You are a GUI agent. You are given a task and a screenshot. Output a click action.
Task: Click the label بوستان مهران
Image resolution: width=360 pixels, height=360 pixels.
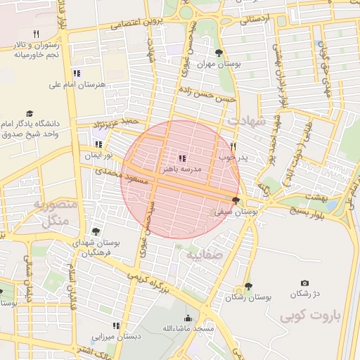[218, 63]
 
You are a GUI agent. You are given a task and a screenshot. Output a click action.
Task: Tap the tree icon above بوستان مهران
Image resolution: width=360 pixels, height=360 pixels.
[219, 53]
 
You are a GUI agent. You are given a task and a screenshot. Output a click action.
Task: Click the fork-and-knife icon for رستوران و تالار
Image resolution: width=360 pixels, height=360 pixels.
[35, 34]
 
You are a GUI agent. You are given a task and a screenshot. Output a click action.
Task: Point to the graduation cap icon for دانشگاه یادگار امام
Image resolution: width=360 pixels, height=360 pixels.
[30, 113]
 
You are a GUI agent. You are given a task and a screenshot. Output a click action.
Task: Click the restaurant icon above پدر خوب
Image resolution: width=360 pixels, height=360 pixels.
[233, 146]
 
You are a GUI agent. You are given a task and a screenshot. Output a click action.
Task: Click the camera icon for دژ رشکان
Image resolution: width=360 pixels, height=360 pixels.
[304, 283]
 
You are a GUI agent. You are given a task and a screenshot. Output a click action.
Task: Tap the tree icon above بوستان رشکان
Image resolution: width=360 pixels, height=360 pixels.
[248, 286]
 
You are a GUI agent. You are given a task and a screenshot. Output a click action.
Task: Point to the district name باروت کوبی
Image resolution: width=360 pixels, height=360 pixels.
[309, 316]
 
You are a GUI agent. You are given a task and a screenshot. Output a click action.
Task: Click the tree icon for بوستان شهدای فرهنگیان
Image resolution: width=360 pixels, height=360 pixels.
[96, 231]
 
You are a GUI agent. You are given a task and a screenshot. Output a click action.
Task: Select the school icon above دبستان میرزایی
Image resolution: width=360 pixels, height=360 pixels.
[116, 326]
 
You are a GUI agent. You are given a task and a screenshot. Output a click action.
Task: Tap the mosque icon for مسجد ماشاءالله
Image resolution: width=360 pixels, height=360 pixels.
[187, 318]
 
